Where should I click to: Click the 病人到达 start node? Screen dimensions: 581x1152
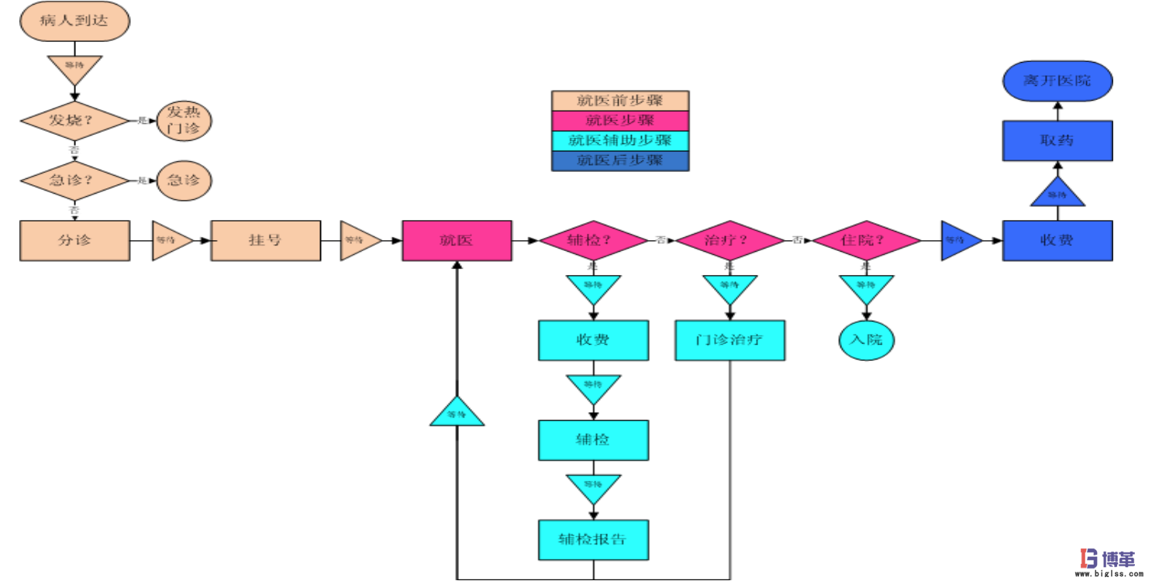click(x=74, y=22)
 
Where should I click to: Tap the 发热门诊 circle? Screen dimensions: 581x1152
click(x=184, y=121)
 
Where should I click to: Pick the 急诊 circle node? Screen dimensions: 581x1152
click(x=184, y=180)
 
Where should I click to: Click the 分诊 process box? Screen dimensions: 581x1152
click(x=74, y=240)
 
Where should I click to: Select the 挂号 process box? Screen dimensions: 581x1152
click(x=265, y=240)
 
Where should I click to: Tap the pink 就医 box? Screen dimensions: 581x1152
click(x=457, y=240)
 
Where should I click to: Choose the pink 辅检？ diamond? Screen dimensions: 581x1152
click(x=593, y=240)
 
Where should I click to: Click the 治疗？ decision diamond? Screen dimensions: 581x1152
click(x=729, y=240)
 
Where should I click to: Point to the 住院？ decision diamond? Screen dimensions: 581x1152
click(x=866, y=240)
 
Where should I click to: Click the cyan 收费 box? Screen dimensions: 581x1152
click(x=593, y=340)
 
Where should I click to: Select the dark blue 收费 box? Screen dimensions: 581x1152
click(x=1057, y=240)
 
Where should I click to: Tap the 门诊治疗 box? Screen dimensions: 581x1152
click(x=729, y=340)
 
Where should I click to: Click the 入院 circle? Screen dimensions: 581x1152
click(x=866, y=340)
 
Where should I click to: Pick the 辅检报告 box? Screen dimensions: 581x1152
click(x=593, y=539)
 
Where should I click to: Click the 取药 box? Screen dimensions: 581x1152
click(x=1057, y=141)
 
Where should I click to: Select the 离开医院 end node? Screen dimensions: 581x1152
click(x=1057, y=81)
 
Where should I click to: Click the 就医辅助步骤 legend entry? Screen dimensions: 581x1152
click(x=619, y=141)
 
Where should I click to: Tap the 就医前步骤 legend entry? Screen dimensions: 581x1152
click(x=619, y=101)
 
